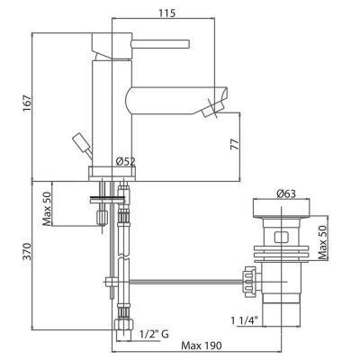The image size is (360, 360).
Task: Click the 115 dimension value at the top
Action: coord(166,13)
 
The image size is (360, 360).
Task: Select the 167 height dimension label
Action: coord(27,103)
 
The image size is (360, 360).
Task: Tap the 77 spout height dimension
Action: coord(236,144)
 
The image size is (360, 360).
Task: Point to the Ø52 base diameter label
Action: coord(125,162)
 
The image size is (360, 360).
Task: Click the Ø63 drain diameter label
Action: coord(285,194)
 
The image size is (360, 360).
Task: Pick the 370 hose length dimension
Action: coord(27,252)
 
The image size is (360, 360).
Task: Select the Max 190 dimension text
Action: coord(202,346)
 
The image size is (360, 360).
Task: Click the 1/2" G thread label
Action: coord(155,334)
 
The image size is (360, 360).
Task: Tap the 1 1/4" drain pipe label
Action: coord(244,320)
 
